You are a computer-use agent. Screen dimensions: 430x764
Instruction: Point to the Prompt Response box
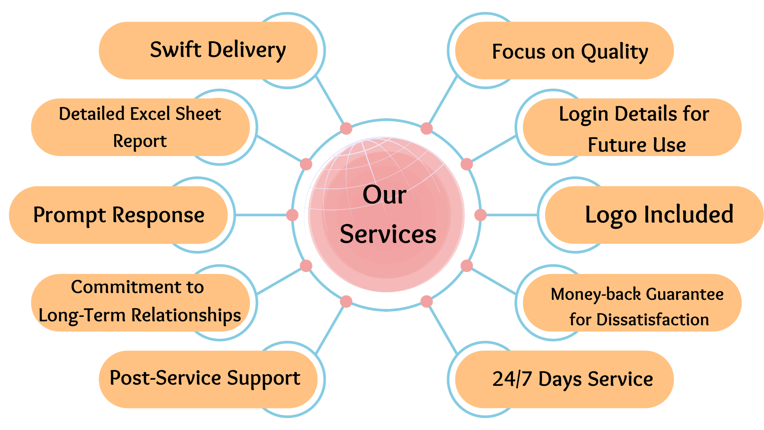coord(119,215)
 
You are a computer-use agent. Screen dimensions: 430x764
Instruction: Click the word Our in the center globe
coord(384,195)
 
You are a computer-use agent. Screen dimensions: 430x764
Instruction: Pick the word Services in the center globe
coord(388,234)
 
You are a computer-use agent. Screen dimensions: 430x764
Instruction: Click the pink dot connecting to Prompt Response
coord(292,215)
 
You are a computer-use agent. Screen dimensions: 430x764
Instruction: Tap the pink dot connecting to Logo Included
coord(480,215)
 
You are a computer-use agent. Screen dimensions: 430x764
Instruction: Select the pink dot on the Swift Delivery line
coord(346,129)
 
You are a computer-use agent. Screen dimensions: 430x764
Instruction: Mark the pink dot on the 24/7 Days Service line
coord(427,301)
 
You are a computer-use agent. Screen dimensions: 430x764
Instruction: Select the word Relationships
coord(186,315)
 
